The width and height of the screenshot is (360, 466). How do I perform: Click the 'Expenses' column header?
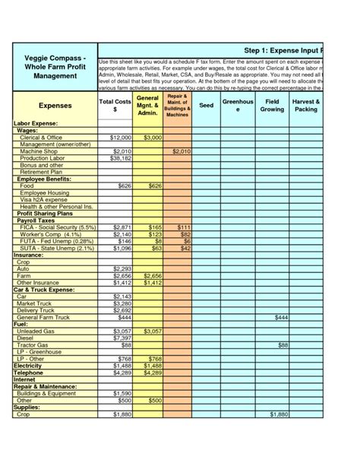point(55,106)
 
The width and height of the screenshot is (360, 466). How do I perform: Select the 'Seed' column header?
point(206,106)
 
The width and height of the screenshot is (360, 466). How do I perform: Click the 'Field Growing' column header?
point(271,106)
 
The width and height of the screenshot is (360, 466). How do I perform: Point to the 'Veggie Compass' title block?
point(55,66)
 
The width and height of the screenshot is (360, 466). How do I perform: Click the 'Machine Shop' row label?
point(41,151)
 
